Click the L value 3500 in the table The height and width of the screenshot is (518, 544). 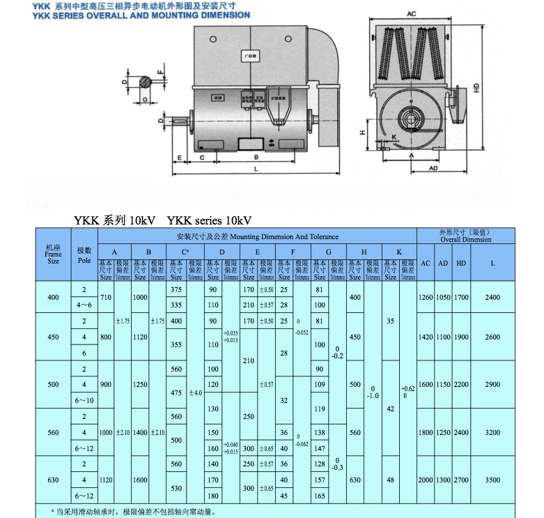[x=492, y=480]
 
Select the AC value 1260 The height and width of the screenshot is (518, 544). [x=425, y=298]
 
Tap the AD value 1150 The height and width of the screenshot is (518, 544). [x=443, y=385]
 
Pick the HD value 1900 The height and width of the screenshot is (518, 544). [x=460, y=337]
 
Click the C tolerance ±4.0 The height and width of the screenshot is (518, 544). [x=196, y=393]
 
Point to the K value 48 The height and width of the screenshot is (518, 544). [x=391, y=480]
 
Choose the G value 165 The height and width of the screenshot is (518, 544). [x=320, y=496]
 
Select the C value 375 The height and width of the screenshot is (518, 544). [x=176, y=289]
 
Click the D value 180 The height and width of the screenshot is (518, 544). [x=213, y=496]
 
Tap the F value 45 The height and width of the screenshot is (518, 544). [x=284, y=496]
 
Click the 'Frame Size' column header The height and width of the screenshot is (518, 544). [x=53, y=254]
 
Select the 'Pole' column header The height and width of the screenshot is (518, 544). [x=84, y=254]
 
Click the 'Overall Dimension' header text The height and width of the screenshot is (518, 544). [x=465, y=239]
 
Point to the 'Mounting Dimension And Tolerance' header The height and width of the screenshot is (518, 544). [x=257, y=237]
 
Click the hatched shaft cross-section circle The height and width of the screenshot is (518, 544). [x=144, y=81]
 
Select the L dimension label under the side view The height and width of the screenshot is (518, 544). [x=256, y=169]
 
